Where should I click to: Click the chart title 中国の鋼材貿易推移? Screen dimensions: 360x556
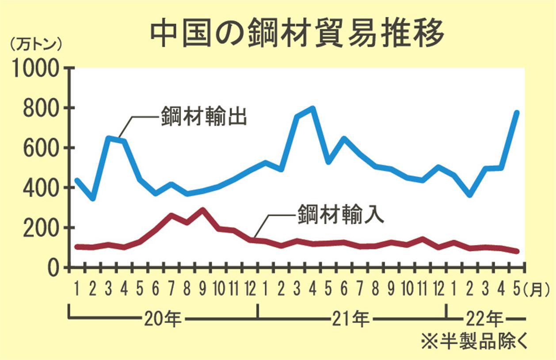coord(297,33)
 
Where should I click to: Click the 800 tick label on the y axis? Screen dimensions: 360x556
coord(41,108)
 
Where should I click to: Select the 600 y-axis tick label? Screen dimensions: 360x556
coord(41,148)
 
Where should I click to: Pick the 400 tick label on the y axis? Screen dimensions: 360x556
coord(41,188)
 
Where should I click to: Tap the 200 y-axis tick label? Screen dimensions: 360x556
coord(41,228)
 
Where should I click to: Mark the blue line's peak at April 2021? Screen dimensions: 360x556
coord(312,108)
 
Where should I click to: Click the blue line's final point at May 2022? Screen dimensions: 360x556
coord(516,112)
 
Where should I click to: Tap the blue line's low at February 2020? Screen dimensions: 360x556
coord(92,198)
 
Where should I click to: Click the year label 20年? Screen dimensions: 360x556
coord(162,318)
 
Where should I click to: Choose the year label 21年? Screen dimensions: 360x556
coord(351,318)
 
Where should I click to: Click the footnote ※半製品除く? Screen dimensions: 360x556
coord(474,342)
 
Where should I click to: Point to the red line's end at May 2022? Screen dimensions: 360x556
coord(516,251)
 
